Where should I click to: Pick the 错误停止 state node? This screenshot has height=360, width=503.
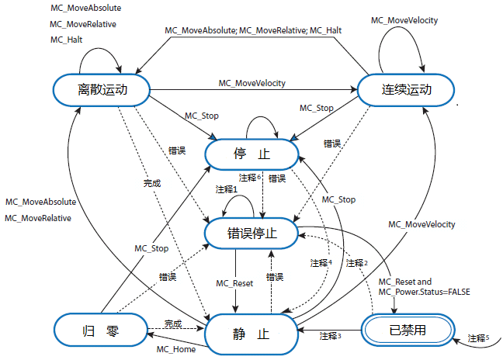click(251, 231)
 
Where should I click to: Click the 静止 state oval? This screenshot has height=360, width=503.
click(251, 334)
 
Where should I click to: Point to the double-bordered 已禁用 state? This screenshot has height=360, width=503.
click(406, 329)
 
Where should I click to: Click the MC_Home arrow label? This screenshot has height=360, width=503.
click(175, 349)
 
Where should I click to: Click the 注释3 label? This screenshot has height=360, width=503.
click(330, 335)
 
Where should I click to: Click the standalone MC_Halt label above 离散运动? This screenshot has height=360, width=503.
click(67, 40)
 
